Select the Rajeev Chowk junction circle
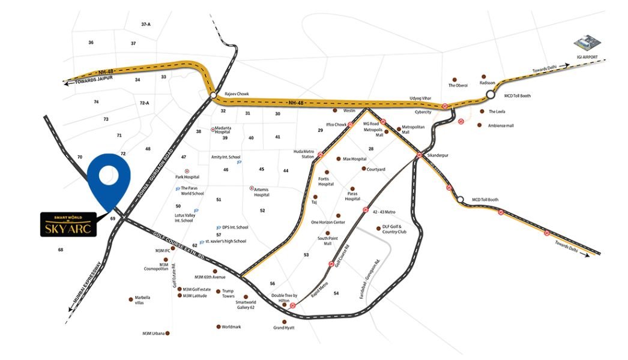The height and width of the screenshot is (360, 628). (x=213, y=95)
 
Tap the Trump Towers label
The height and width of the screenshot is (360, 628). (x=228, y=293)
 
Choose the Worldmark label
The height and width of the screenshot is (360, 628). (x=231, y=327)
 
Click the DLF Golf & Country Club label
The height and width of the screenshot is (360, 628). (x=394, y=229)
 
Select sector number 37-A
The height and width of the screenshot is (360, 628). (x=146, y=24)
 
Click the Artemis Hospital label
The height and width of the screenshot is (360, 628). (x=262, y=192)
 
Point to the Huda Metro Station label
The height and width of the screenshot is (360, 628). (x=304, y=154)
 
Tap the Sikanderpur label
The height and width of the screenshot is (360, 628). (x=438, y=155)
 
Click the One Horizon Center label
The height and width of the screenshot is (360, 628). (x=328, y=223)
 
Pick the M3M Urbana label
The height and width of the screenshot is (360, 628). (x=152, y=333)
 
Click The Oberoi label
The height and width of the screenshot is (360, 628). (x=458, y=85)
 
